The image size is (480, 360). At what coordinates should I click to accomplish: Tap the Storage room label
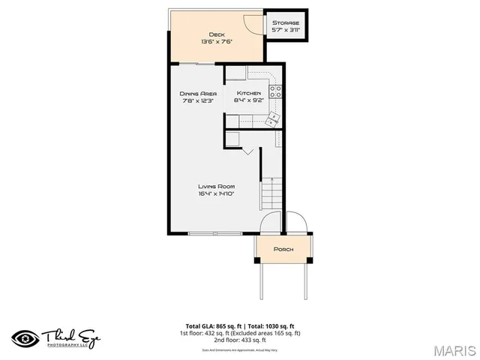[x=286, y=23]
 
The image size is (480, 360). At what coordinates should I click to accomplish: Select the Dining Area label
[x=197, y=93]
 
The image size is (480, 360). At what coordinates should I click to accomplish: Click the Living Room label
[x=216, y=186]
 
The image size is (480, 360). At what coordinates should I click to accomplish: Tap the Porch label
[x=283, y=249]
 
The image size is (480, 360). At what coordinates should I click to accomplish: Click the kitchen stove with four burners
[x=275, y=92]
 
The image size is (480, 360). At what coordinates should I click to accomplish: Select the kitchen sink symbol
[x=271, y=118]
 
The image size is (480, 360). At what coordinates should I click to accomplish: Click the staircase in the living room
[x=271, y=194]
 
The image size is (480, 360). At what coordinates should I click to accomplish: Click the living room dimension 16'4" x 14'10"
[x=216, y=193]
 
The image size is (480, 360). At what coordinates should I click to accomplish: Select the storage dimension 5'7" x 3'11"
[x=286, y=31]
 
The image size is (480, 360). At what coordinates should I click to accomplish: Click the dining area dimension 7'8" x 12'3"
[x=197, y=100]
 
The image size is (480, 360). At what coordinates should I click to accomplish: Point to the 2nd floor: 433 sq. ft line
[x=239, y=340]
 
